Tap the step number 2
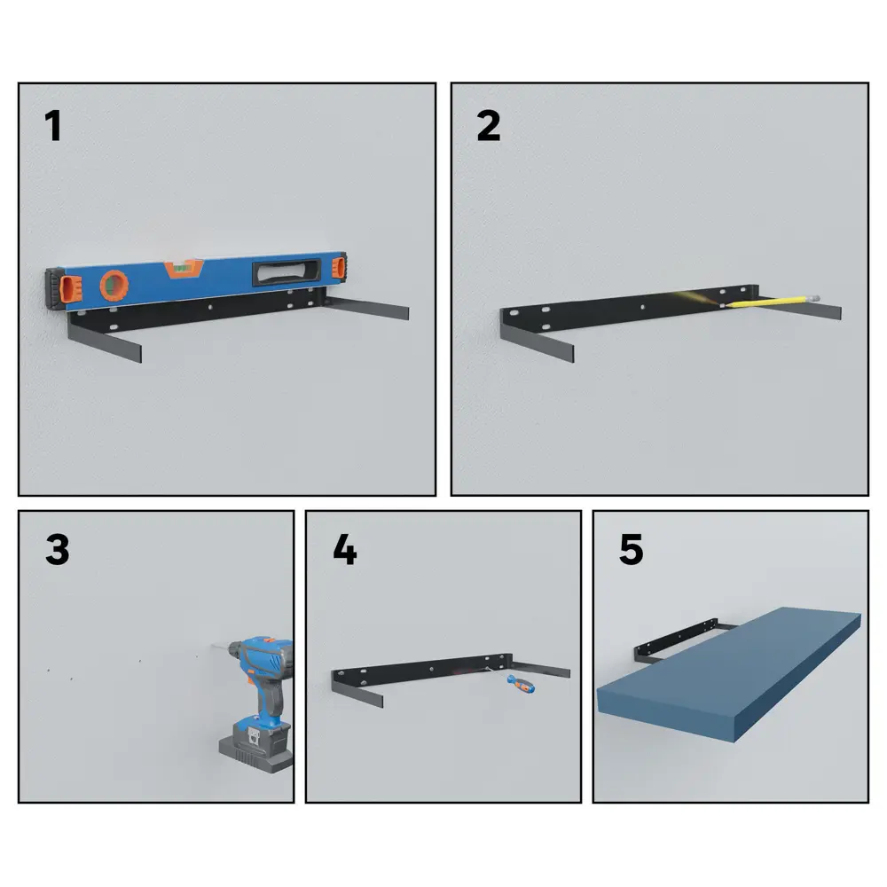pyautogui.click(x=489, y=126)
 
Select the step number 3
pyautogui.click(x=57, y=549)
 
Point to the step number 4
pyautogui.click(x=344, y=549)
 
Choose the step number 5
pyautogui.click(x=632, y=549)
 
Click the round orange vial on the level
pyautogui.click(x=114, y=285)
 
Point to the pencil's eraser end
pyautogui.click(x=815, y=296)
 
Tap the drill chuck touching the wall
pyautogui.click(x=233, y=648)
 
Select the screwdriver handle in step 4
pyautogui.click(x=521, y=683)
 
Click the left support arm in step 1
pyautogui.click(x=105, y=341)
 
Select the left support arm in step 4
pyautogui.click(x=357, y=691)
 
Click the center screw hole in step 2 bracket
pyautogui.click(x=642, y=307)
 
